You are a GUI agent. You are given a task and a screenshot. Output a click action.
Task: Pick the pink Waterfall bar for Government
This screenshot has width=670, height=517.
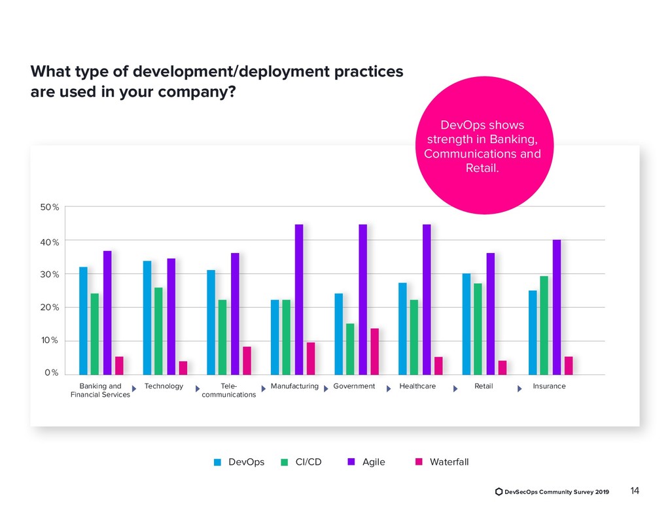coord(375,352)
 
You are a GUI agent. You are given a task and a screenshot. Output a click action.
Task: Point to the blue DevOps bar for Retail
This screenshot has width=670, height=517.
coord(467,324)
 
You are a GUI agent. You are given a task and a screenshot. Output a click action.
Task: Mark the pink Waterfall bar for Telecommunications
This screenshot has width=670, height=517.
coord(247,361)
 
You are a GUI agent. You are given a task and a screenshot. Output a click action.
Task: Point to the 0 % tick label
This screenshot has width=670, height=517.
coord(52,373)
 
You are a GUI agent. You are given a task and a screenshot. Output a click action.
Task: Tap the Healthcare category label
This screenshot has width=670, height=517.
coord(417,386)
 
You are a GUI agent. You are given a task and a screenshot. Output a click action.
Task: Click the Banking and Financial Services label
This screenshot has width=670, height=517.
coord(100,390)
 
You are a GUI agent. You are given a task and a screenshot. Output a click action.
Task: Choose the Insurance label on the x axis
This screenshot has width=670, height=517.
coord(549,386)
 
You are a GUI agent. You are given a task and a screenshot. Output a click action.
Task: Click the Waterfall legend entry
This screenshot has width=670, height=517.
coord(449,462)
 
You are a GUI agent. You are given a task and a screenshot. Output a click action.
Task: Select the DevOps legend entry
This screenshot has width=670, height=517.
coord(246,462)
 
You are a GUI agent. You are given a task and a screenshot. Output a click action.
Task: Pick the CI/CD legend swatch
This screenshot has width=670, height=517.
coord(285,463)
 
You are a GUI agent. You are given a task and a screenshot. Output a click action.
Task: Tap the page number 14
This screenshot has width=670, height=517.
coord(634,491)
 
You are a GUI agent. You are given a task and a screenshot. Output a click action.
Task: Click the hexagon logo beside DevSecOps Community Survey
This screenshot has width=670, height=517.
coord(499,492)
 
